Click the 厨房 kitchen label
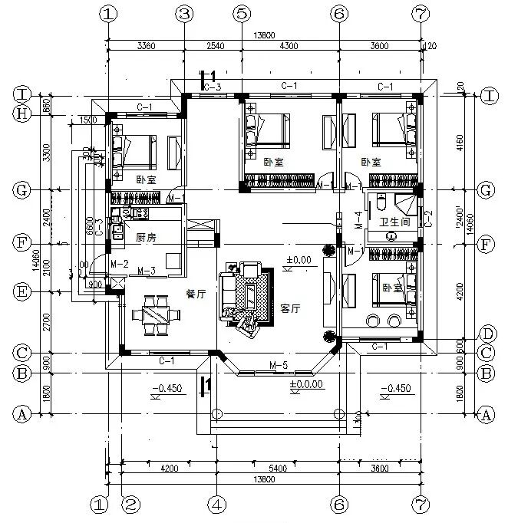[x=146, y=238]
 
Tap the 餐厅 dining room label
[x=196, y=293]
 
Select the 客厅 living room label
[x=289, y=308]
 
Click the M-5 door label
[x=278, y=364]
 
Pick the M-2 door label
[x=118, y=264]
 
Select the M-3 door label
[x=147, y=271]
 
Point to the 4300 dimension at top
[x=289, y=47]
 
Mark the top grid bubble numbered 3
[x=184, y=13]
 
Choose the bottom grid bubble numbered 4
[x=217, y=505]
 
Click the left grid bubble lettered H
[x=21, y=113]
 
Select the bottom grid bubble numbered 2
[x=131, y=505]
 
